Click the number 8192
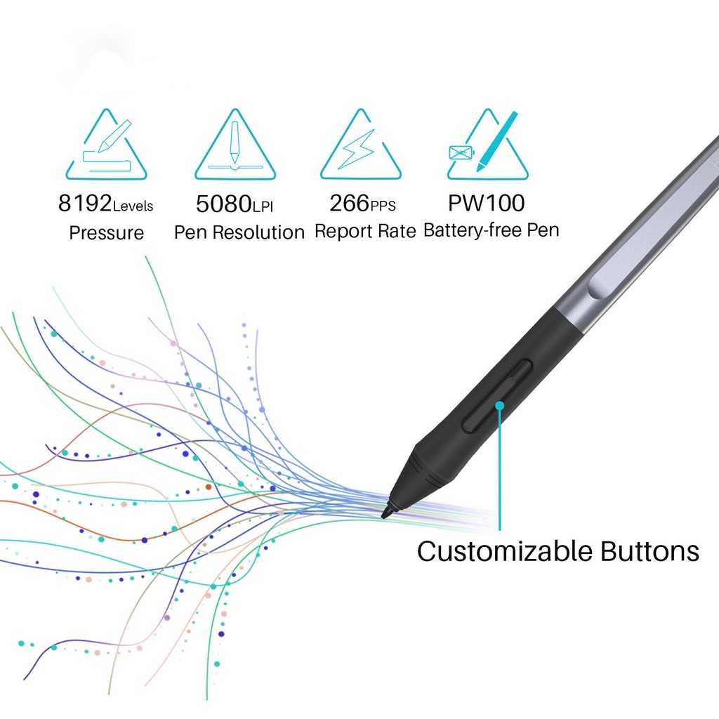click(85, 204)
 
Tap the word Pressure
click(106, 232)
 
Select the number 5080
click(223, 204)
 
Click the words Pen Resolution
click(239, 232)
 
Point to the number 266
click(349, 204)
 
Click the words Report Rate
click(365, 231)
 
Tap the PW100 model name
click(487, 204)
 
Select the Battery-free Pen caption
click(492, 230)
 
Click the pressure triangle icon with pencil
click(107, 147)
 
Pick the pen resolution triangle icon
click(235, 147)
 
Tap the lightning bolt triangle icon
click(362, 147)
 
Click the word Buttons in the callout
click(649, 551)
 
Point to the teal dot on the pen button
click(500, 405)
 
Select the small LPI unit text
click(263, 207)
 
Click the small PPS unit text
click(383, 206)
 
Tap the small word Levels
click(133, 206)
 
